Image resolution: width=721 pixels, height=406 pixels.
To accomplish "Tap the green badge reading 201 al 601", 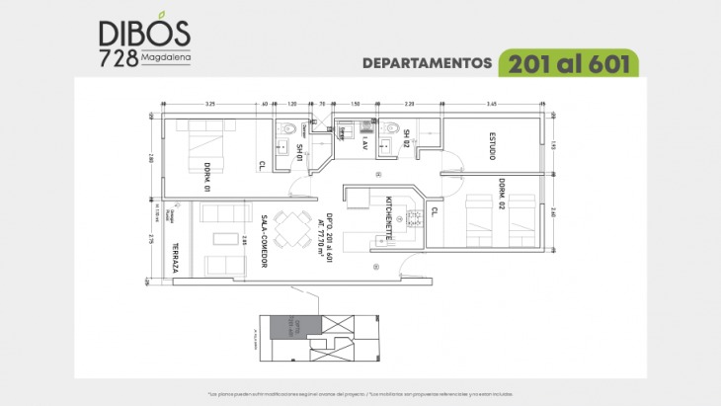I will pos(568,62).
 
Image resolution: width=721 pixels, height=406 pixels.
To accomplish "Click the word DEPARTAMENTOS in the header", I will pos(428,62).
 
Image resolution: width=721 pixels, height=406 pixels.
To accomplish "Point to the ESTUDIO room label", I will pos(492,144).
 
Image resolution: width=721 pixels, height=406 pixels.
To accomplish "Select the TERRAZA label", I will pos(176,259).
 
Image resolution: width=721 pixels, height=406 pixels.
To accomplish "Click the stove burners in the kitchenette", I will pos(415,219).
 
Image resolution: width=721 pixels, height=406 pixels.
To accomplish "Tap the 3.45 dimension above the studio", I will pos(493,103).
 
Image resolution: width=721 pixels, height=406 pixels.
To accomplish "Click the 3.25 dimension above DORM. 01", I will pos(210,103).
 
